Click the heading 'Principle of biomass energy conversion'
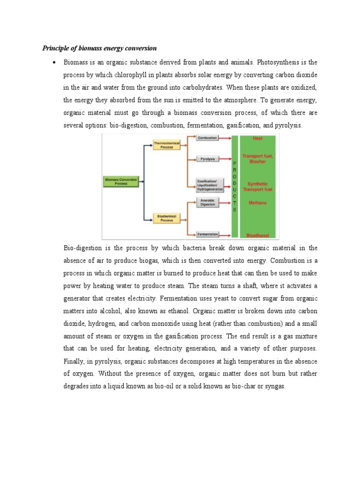99,48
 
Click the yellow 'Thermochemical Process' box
166,145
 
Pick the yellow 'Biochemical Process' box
166,217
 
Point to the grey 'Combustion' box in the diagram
207,138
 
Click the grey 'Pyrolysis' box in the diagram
207,159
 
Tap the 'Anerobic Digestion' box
207,202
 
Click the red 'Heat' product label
257,138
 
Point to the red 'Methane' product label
257,203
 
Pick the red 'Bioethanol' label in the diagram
257,235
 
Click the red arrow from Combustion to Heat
225,138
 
